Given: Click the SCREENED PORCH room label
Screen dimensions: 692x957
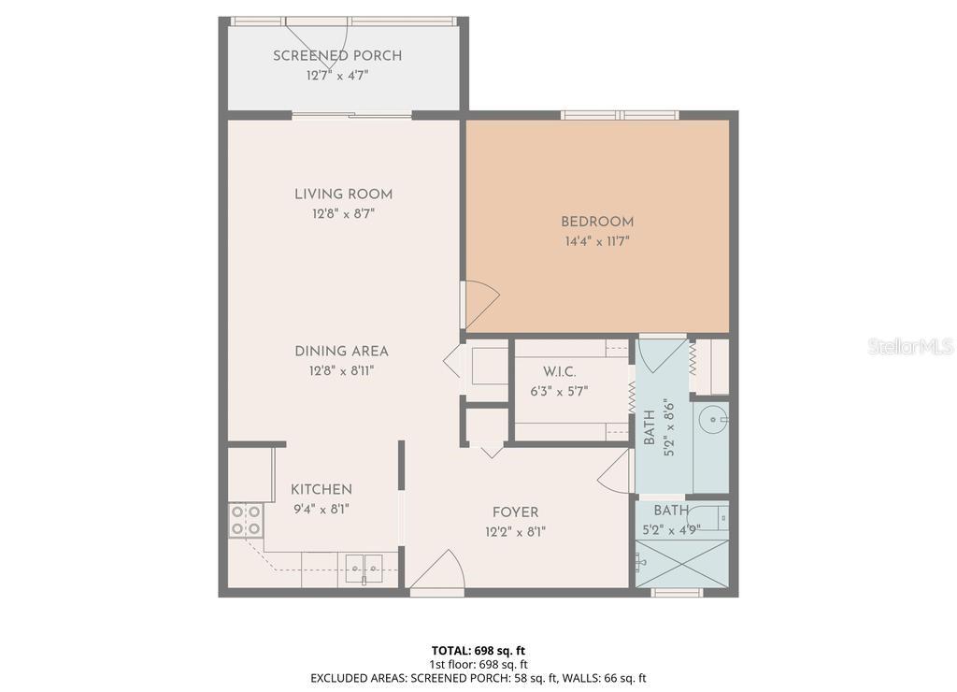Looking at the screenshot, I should pyautogui.click(x=337, y=56).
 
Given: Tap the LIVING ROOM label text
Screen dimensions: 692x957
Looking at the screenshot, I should pyautogui.click(x=343, y=195).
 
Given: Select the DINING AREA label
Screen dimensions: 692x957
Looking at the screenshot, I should pyautogui.click(x=341, y=352).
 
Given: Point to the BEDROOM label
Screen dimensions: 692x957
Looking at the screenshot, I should pyautogui.click(x=597, y=222).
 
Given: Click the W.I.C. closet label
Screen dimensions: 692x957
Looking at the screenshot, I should pyautogui.click(x=559, y=372).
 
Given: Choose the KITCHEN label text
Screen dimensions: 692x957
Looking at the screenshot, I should pyautogui.click(x=321, y=490).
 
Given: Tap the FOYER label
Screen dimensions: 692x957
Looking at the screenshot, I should pyautogui.click(x=515, y=512).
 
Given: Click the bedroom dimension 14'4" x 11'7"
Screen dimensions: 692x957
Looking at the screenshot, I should pyautogui.click(x=597, y=241).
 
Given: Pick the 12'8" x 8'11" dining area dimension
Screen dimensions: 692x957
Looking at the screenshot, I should pyautogui.click(x=341, y=370).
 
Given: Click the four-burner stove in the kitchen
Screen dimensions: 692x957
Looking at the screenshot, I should pyautogui.click(x=246, y=520).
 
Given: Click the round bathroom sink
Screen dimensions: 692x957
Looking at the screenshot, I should pyautogui.click(x=717, y=420).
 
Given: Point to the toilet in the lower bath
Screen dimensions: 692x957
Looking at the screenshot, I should pyautogui.click(x=643, y=561).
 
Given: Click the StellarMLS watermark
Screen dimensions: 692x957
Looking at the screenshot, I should pyautogui.click(x=910, y=347).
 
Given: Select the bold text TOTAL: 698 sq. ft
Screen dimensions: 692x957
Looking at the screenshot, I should pyautogui.click(x=478, y=650).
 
